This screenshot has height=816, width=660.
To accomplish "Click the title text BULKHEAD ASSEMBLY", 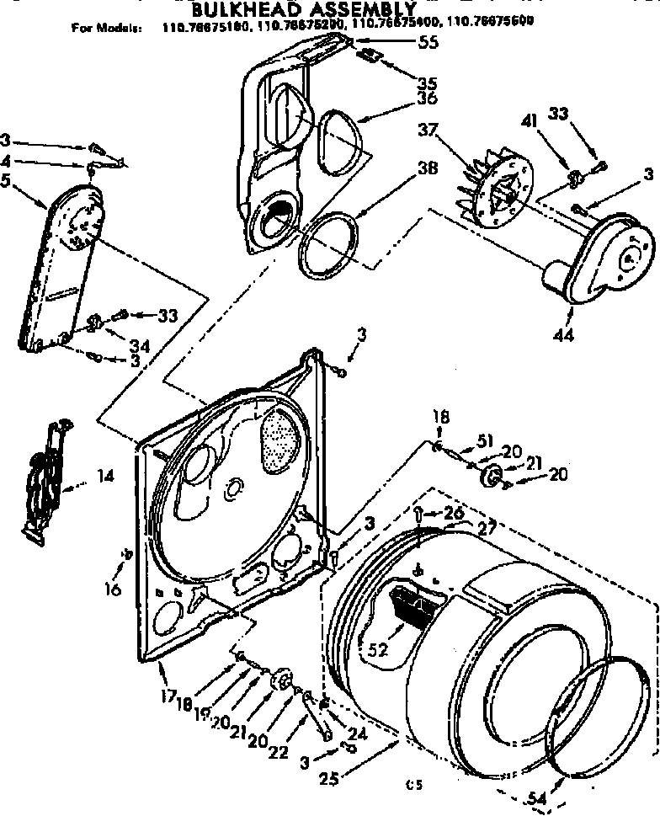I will tap(286, 11).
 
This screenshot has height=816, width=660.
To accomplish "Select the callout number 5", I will tap(7, 178).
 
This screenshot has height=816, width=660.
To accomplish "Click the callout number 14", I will tap(104, 476).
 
